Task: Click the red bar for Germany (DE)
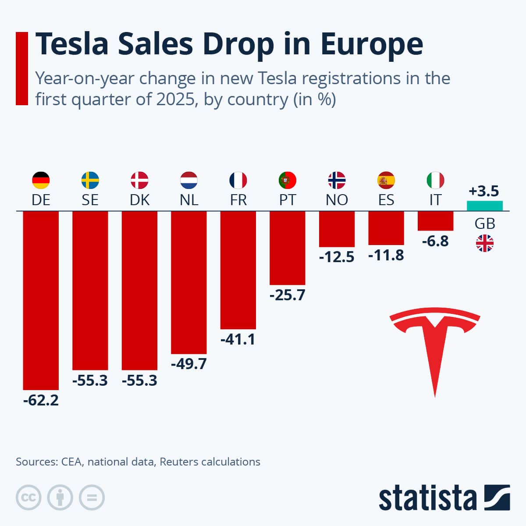pos(41,300)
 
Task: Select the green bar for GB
pos(484,206)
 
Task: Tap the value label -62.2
pos(41,400)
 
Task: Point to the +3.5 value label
pos(484,192)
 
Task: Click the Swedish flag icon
pos(90,180)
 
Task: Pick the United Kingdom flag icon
pos(485,243)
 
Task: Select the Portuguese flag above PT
pos(288,180)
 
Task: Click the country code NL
pos(189,200)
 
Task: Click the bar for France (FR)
pos(238,270)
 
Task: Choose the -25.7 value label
pos(288,295)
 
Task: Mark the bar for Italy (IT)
pos(435,221)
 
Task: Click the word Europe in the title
pos(371,44)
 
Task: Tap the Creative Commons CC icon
pos(28,498)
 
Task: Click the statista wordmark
pos(427,498)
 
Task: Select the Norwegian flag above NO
pos(337,180)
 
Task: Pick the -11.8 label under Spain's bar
pos(386,255)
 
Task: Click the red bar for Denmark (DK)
pos(139,291)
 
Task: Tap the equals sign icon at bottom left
pos(92,498)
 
